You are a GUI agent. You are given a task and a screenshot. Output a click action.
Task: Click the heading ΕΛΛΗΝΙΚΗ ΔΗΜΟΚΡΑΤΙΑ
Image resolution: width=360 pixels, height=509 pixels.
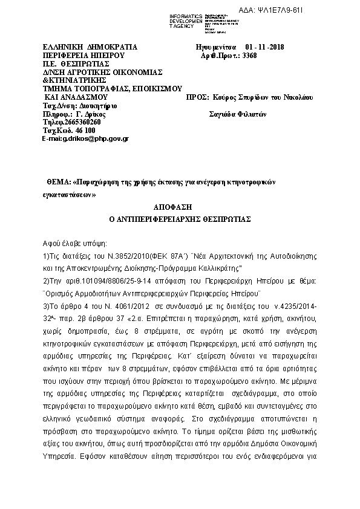coord(90,47)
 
